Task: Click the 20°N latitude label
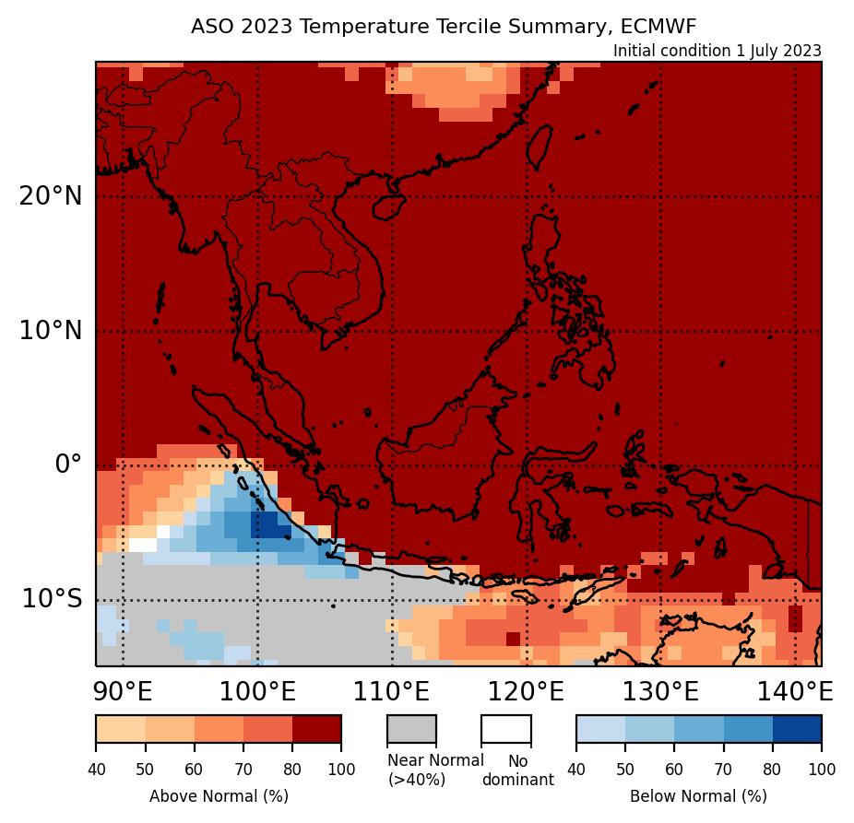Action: [50, 196]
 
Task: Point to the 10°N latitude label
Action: [50, 331]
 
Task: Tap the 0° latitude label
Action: [68, 464]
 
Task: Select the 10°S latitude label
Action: [52, 599]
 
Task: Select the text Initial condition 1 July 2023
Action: [717, 51]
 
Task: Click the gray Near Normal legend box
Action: [411, 728]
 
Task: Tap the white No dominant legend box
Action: [505, 728]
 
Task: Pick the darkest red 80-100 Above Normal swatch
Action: [316, 728]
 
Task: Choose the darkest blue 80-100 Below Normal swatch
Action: [797, 728]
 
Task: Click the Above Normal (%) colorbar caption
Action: [219, 795]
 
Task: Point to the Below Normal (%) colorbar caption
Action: [698, 795]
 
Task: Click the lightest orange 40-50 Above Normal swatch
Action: [120, 728]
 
